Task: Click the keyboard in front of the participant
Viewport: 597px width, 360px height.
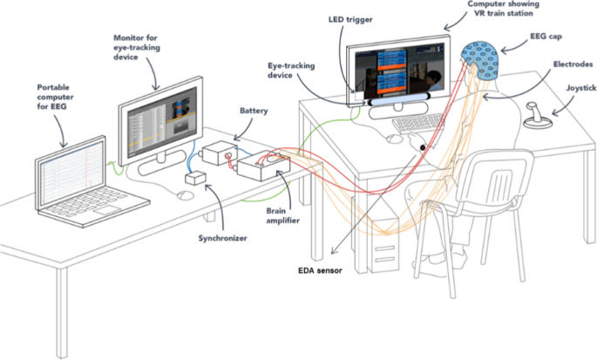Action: coord(417,125)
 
